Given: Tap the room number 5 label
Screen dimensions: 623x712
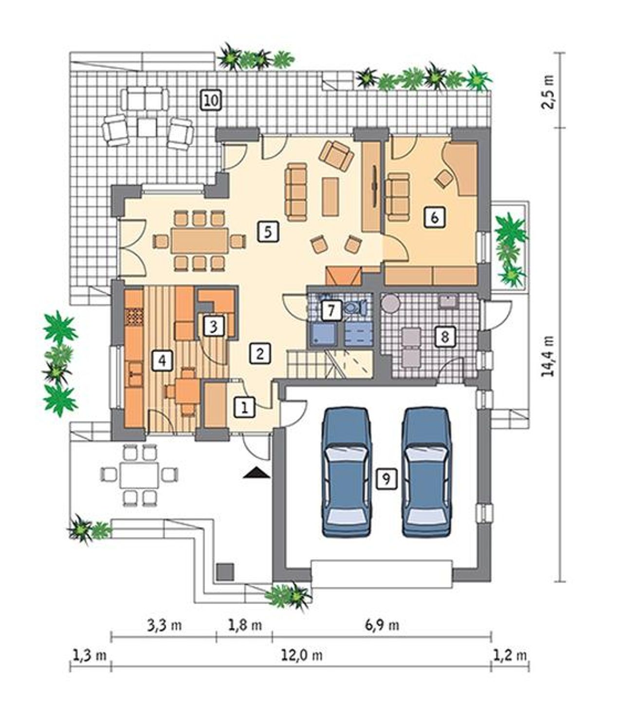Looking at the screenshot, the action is pos(268,232).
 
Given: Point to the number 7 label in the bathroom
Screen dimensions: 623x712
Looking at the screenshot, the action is pos(331,310).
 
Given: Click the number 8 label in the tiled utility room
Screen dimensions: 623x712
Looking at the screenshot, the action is pos(445,337).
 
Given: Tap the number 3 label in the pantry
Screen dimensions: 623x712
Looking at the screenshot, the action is pos(214,326).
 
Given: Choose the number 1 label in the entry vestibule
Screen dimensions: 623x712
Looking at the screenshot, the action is pos(245,407).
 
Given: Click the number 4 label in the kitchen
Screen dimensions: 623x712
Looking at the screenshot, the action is pos(162,360).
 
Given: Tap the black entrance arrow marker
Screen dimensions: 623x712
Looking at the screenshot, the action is pos(257,474).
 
